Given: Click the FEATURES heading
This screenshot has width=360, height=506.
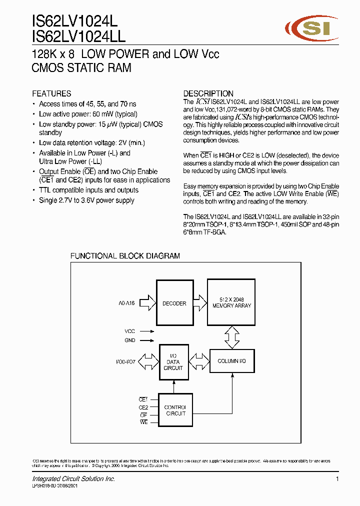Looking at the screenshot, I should (51, 93).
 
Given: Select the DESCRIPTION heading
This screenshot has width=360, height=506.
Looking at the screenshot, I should (208, 93).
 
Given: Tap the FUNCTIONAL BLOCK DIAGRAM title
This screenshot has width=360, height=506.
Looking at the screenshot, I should (125, 256).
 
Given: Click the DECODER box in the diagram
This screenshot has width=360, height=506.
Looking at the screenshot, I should (174, 303).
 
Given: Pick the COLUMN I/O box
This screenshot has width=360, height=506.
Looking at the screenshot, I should (232, 361).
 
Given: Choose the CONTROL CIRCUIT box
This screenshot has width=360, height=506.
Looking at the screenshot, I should (175, 410).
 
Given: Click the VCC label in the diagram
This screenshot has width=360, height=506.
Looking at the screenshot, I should (129, 331).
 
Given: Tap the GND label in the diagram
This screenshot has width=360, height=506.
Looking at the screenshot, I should (129, 340).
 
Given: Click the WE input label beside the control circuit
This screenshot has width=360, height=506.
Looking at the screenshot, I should (143, 422).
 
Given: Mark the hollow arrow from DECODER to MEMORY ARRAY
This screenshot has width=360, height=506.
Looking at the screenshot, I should (200, 302).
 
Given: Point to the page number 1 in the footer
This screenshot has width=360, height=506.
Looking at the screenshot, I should (337, 479).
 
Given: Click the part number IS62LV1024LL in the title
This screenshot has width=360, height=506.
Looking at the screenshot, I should (78, 36).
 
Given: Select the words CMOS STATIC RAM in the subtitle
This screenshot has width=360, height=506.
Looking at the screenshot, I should (81, 68).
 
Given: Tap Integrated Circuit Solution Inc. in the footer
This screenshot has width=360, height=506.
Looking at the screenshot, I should (73, 479).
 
